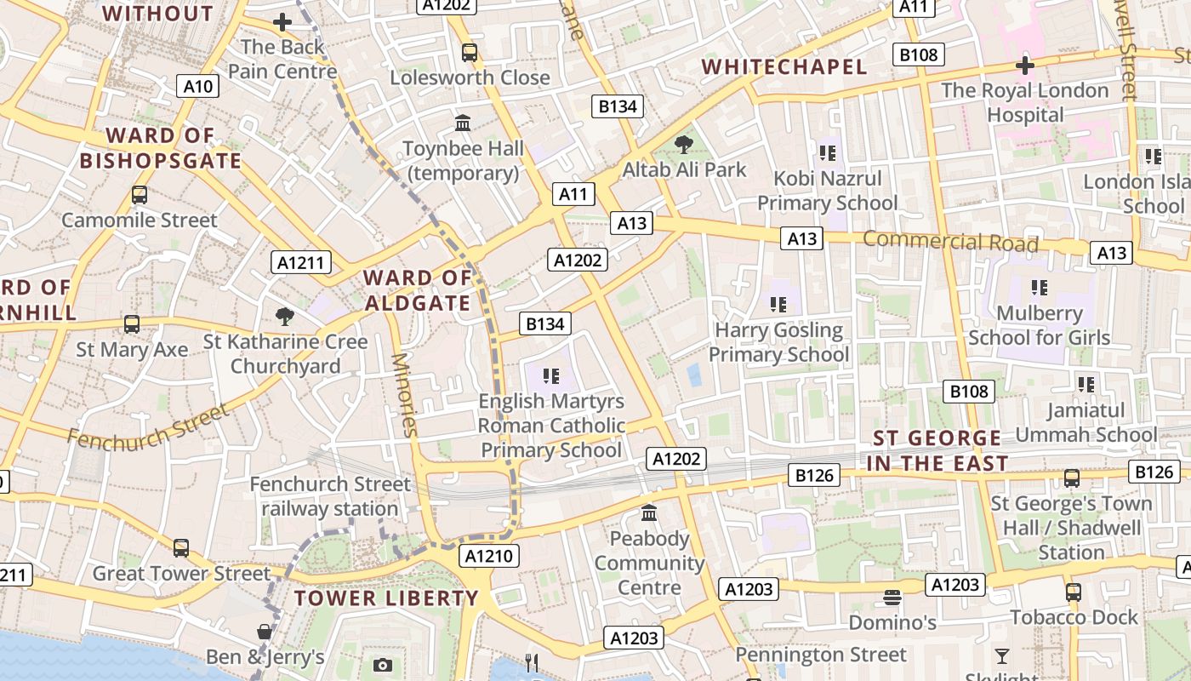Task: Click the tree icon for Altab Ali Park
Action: [x=683, y=144]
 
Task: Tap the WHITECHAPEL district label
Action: [x=784, y=66]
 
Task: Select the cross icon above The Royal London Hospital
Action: [x=1025, y=66]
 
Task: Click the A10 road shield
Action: [x=198, y=86]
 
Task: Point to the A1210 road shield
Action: [x=489, y=557]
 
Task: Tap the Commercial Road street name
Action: [x=950, y=242]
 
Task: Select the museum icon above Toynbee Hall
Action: [x=463, y=123]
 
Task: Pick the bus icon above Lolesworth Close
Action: [x=469, y=53]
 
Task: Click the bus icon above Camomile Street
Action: [x=140, y=195]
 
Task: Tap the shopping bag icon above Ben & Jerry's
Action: [x=265, y=632]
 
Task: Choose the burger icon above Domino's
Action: [x=892, y=598]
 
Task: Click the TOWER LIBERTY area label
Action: [x=386, y=598]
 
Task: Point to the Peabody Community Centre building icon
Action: [x=649, y=513]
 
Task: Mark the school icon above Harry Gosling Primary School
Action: [x=778, y=304]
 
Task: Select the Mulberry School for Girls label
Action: [x=1039, y=325]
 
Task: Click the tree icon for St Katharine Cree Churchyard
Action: [x=285, y=317]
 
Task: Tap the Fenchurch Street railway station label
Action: [x=330, y=496]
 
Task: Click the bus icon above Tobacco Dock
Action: [x=1074, y=592]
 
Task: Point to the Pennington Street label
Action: [x=821, y=655]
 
